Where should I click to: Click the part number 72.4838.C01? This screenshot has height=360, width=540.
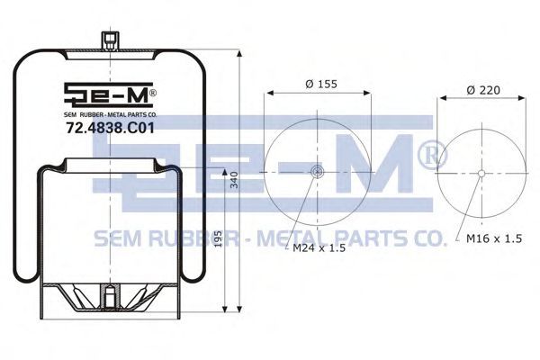pos(110,129)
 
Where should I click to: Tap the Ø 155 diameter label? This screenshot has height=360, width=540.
pos(321,84)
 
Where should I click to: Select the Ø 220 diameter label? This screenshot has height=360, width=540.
pos(483,90)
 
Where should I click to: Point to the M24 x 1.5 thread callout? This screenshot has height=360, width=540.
pos(319,247)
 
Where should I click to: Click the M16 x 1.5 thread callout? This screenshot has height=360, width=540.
pos(494,238)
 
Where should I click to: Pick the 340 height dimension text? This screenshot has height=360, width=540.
pos(234,180)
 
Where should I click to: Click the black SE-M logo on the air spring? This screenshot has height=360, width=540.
pos(110,94)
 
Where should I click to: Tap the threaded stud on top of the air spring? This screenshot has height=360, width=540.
pos(110,41)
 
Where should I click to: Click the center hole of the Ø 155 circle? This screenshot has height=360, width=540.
pos(317,171)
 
